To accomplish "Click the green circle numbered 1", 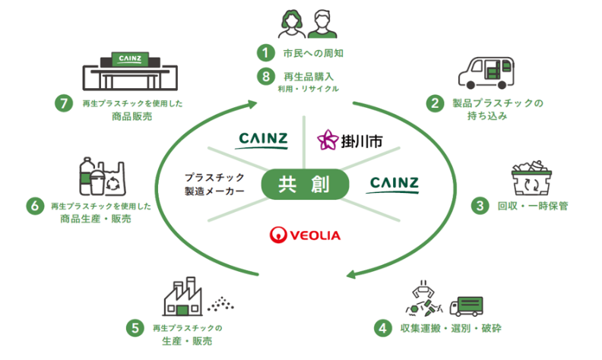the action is pos(266,52).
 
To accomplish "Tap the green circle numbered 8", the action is pos(266,77).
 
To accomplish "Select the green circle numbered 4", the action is pos(383,328).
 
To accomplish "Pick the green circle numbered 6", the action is pos(35,206).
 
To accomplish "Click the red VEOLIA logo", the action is pos(305,235).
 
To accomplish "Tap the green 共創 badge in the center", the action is pos(305,185).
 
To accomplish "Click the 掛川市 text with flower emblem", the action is pos(350,141).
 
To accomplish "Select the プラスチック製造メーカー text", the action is pos(214,185).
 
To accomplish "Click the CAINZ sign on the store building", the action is pos(130,59).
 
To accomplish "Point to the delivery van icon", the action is pos(486,74).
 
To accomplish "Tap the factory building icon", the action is pos(182,296).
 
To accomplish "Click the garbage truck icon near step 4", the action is pos(466,306).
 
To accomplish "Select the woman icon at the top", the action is pos(292,24).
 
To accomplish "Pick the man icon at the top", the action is pos(322,24).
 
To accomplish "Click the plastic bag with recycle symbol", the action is pos(112,178).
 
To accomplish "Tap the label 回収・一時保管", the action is pos(533,206).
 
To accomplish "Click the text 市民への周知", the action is pos(313,53).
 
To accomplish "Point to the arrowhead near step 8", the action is pos(252,103).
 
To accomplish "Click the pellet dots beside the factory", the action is pos(220,304).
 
